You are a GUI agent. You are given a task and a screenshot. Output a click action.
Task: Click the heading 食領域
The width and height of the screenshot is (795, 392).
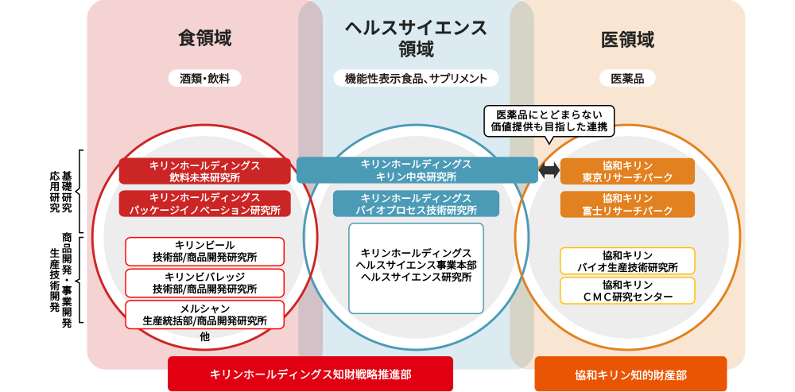coord(205,39)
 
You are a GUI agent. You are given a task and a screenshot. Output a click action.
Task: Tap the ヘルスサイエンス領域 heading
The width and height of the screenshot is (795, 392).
coord(416,38)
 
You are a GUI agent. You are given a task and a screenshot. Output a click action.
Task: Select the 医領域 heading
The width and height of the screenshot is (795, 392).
coord(627,39)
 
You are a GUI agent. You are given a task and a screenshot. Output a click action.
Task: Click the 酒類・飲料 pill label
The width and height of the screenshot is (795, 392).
coord(205,78)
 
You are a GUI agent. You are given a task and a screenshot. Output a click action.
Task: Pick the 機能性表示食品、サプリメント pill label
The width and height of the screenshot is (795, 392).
coord(416,78)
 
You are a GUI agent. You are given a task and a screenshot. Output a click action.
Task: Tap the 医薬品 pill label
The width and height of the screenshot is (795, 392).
coord(627,78)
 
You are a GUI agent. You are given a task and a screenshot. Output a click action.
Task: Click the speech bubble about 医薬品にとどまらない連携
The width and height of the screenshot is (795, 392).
coord(549,121)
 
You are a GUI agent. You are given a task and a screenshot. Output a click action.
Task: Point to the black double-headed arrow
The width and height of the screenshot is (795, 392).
coord(549,170)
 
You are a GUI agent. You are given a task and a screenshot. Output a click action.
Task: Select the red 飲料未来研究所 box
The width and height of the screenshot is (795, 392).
coord(205,171)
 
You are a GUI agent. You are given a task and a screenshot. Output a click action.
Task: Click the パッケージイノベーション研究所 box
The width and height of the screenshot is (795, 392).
coord(205,204)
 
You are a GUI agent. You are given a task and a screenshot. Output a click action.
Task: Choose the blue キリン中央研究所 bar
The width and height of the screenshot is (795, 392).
coord(417,170)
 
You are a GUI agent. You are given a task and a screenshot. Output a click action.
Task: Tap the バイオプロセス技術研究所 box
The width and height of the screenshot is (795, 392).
coord(416,204)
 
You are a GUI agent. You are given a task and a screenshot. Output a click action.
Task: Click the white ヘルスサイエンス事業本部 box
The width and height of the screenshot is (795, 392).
coord(416,268)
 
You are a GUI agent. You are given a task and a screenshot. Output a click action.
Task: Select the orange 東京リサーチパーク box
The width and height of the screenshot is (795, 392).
coord(627,171)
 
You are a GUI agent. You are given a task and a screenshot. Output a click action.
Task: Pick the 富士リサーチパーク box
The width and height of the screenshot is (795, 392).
coord(627,204)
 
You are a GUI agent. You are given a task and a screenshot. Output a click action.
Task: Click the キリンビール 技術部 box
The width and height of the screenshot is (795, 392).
coord(205,251)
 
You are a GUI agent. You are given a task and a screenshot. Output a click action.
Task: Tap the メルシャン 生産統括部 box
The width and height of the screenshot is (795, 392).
coord(205,314)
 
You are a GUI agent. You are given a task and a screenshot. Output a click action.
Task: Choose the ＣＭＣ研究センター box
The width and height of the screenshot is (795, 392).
coord(627,290)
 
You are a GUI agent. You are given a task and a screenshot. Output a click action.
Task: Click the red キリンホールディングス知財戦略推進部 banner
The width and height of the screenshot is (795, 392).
coord(310,375)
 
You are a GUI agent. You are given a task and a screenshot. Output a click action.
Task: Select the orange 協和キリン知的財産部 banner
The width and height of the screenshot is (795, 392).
coord(630,375)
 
